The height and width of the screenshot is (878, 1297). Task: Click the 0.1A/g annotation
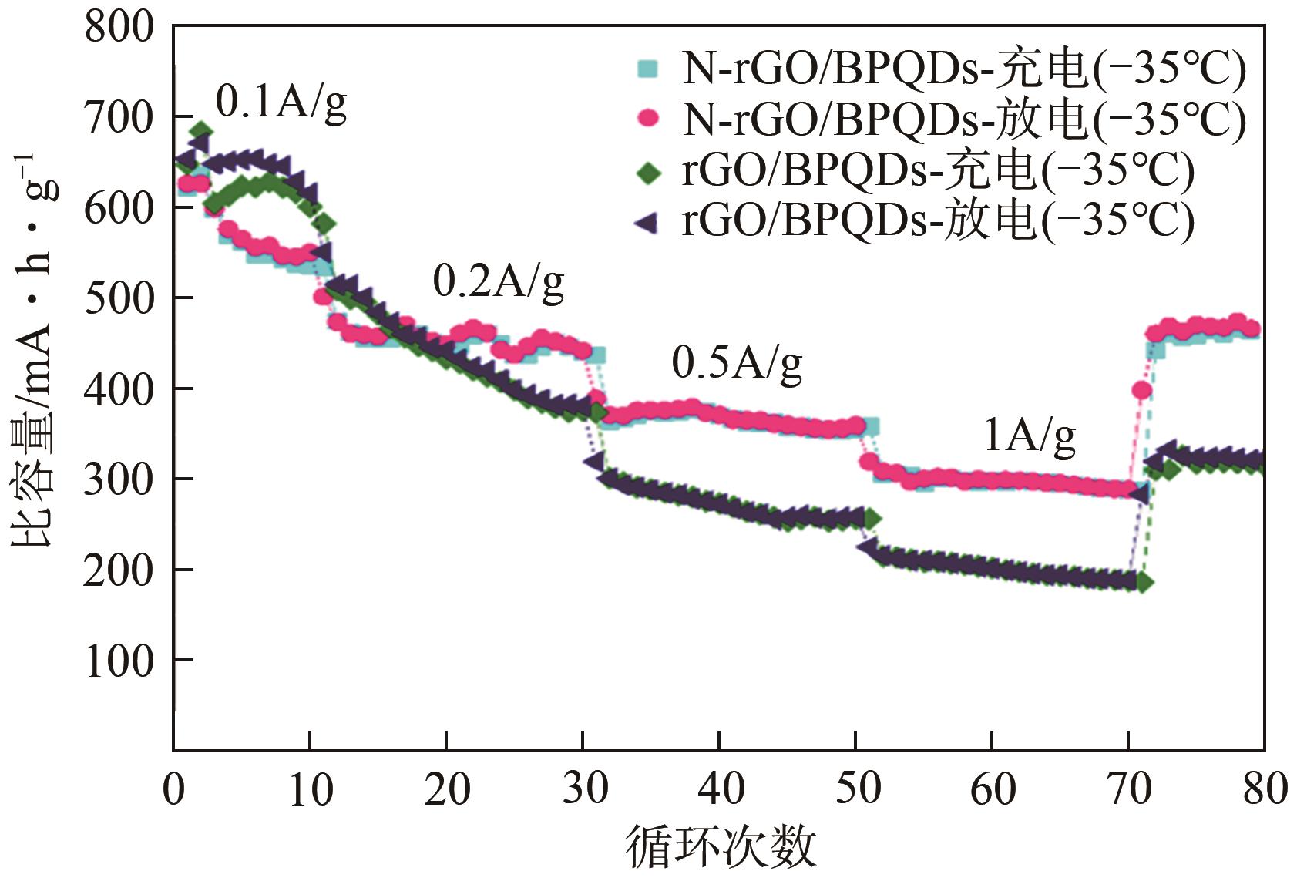coord(281,102)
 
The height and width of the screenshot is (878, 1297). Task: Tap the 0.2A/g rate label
coord(498,281)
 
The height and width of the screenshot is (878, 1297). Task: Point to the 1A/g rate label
coord(1030,436)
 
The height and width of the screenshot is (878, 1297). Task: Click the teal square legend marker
coord(648,69)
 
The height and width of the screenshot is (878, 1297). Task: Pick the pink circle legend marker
coord(649,119)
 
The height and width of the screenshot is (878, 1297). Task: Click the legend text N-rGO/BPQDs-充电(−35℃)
coord(963,69)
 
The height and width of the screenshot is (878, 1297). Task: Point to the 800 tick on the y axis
coord(119,28)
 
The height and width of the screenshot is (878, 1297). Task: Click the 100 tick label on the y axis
coord(119,661)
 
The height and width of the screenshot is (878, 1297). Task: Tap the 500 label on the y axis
coord(119,298)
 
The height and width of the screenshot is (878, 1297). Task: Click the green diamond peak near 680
coord(201,130)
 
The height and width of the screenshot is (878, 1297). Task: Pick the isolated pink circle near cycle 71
coord(1142,391)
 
